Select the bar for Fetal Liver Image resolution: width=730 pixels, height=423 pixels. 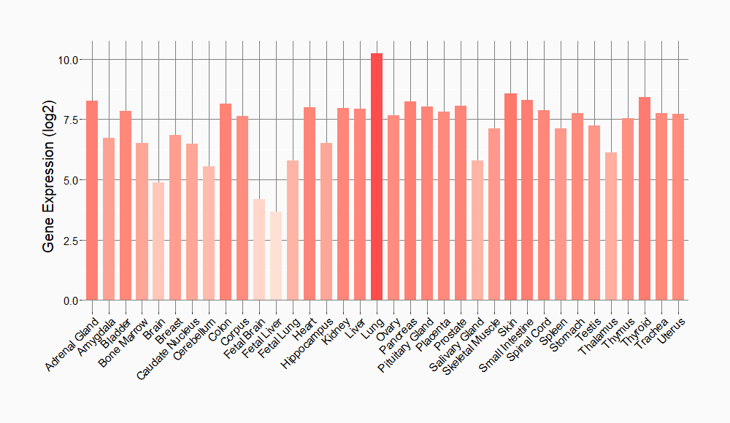tap(276, 255)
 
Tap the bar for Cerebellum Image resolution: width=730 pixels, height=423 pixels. tap(209, 233)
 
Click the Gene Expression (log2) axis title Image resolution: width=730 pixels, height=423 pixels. tap(48, 179)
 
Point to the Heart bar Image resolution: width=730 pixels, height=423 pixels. tap(310, 203)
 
